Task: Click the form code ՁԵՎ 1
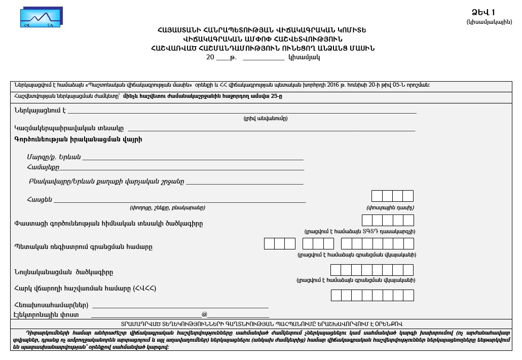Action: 483,13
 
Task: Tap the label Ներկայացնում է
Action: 40,110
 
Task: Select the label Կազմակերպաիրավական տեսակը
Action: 69,128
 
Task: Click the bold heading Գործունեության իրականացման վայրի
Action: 78,139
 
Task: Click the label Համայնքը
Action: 43,167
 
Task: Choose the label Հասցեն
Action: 40,200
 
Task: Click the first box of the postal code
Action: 377,196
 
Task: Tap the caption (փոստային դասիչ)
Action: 390,208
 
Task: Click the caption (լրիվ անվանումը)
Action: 265,118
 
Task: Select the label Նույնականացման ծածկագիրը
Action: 64,272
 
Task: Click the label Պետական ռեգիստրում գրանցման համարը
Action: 83,247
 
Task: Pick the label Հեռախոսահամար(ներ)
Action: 52,305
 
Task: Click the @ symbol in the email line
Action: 204,314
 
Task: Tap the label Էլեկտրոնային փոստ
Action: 47,314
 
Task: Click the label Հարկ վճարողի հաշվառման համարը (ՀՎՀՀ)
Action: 85,289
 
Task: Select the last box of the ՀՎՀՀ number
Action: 408,295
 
